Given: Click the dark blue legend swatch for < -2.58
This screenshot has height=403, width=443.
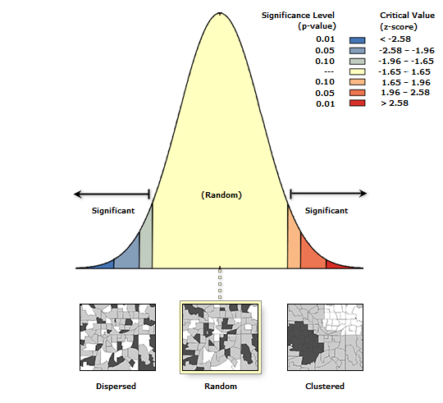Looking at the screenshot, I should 357,39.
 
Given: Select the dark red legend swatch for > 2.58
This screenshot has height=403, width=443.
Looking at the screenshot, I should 357,103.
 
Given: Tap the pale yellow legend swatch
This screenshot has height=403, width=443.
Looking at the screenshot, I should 357,71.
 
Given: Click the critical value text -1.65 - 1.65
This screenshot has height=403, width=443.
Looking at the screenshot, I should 403,71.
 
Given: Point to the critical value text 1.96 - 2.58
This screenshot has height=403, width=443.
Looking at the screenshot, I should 404,93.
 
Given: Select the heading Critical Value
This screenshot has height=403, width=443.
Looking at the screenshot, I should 407,16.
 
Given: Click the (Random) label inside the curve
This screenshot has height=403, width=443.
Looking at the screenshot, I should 221,195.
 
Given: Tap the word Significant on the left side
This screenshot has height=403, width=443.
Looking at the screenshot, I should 112,210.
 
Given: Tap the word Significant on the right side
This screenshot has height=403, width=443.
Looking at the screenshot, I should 326,210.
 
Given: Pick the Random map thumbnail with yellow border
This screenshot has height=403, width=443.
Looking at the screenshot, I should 219,337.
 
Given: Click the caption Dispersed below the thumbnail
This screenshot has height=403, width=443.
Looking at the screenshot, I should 116,386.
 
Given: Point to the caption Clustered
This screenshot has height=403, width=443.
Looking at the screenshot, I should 326,386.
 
